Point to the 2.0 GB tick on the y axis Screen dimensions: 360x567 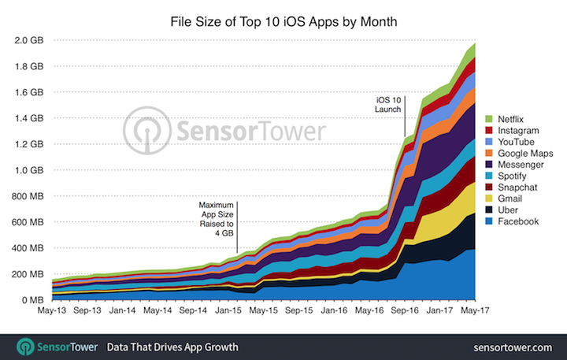[x=28, y=40]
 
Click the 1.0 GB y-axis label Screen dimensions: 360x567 [x=28, y=170]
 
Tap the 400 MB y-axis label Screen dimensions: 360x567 [x=27, y=248]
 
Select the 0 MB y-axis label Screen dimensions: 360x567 [x=32, y=300]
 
